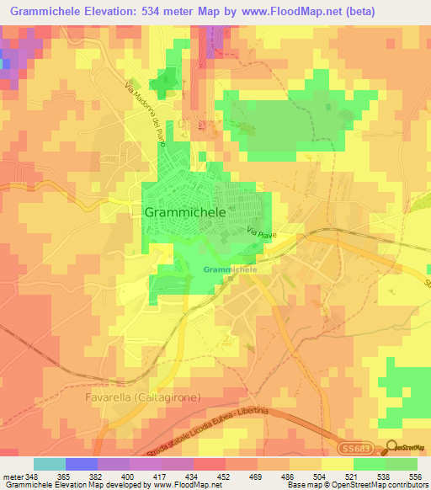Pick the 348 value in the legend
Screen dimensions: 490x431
35,476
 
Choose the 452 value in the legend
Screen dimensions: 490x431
224,476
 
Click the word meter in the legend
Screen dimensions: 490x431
13,476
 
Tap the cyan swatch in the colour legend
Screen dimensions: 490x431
50,464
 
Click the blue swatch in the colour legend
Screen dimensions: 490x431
82,464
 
